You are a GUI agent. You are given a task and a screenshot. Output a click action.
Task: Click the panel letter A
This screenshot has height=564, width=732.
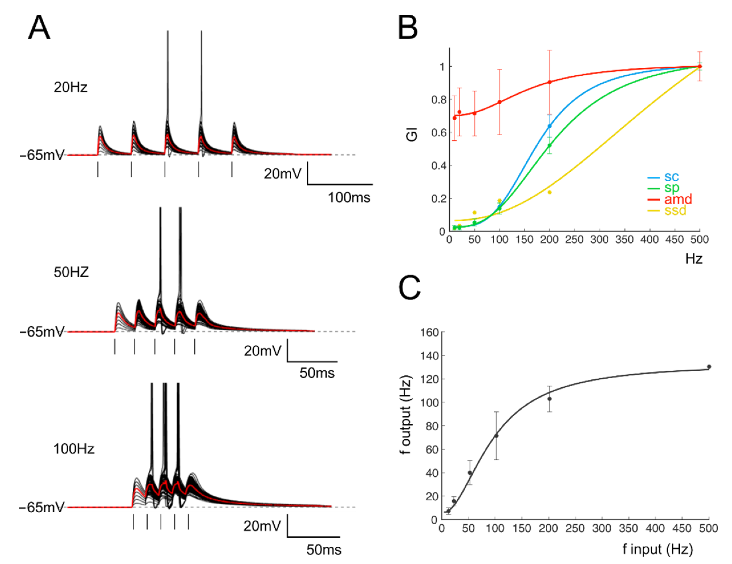coord(39,28)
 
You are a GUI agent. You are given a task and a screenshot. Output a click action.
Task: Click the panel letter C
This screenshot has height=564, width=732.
coord(409,288)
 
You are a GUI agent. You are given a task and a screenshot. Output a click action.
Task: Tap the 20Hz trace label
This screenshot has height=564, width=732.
coord(70,87)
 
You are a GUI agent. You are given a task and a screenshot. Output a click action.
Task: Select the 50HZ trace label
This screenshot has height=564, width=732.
coord(71,272)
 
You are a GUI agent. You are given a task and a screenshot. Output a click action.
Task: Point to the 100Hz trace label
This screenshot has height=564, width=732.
coord(74,449)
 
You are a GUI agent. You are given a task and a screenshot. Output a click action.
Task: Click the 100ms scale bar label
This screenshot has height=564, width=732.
coord(349,198)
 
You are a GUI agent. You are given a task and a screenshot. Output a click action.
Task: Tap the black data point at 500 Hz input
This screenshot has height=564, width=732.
coord(709,367)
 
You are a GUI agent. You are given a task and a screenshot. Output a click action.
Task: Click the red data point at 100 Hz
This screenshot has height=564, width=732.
coord(499,102)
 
